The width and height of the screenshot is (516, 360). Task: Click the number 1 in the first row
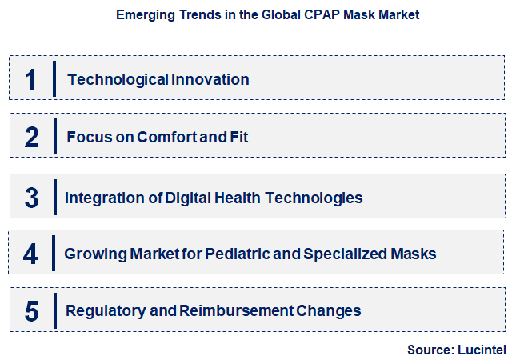[31, 79]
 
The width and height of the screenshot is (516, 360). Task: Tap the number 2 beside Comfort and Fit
[31, 137]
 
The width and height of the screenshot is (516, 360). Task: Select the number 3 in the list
[31, 198]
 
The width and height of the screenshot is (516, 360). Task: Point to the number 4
[31, 254]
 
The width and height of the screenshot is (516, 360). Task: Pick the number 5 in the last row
[31, 310]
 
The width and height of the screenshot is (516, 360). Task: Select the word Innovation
[210, 79]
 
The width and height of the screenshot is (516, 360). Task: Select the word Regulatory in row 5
[100, 310]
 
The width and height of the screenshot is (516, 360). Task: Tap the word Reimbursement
[229, 310]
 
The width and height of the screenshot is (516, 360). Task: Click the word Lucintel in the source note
[482, 350]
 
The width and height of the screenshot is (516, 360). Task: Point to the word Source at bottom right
[430, 350]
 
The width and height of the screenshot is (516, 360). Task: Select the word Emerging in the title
[146, 14]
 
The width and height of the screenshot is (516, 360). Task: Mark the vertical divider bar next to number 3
[54, 198]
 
